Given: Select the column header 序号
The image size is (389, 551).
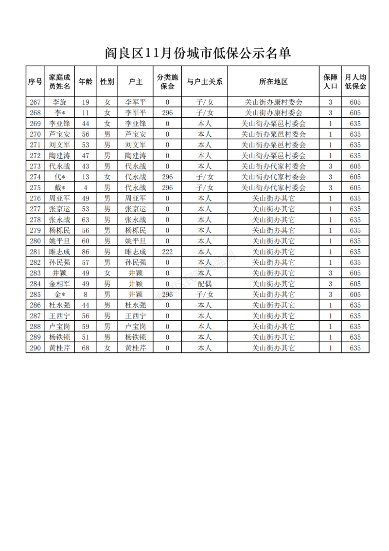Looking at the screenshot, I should click(35, 81).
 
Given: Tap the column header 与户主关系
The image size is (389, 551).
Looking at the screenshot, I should click(205, 81).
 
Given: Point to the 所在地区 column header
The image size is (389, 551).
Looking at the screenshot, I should click(273, 81).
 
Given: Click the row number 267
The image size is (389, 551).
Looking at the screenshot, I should click(35, 102).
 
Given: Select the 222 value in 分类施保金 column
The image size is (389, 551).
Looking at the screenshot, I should click(167, 252).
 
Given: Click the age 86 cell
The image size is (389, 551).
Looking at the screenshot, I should click(86, 252).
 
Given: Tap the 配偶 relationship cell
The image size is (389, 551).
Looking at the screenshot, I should click(205, 284).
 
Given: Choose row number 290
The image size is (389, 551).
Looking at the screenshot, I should click(35, 348).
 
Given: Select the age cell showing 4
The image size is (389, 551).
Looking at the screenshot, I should click(86, 187).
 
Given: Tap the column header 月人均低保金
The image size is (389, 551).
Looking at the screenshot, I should click(355, 81).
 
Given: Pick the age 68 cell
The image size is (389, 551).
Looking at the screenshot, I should click(86, 348).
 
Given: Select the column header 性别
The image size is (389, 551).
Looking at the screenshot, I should click(107, 81).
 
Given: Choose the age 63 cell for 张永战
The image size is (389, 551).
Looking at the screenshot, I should click(86, 220).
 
